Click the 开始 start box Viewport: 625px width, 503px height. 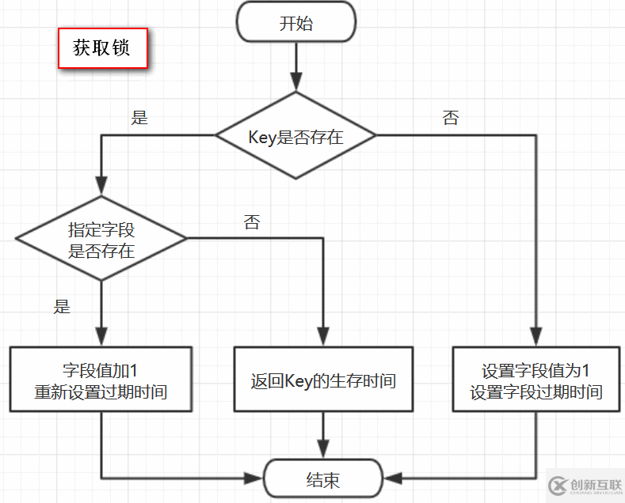point(296,23)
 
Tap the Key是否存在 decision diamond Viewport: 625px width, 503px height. point(295,136)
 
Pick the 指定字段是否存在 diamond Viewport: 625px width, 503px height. point(101,238)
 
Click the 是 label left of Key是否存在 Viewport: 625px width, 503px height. point(139,119)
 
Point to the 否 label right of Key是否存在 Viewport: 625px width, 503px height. point(451,119)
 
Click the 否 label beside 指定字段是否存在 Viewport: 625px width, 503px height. point(252,222)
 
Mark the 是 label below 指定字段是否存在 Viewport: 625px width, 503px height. point(62,307)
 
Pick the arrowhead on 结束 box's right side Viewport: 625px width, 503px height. point(393,478)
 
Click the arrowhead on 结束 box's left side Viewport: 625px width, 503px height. point(254,478)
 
